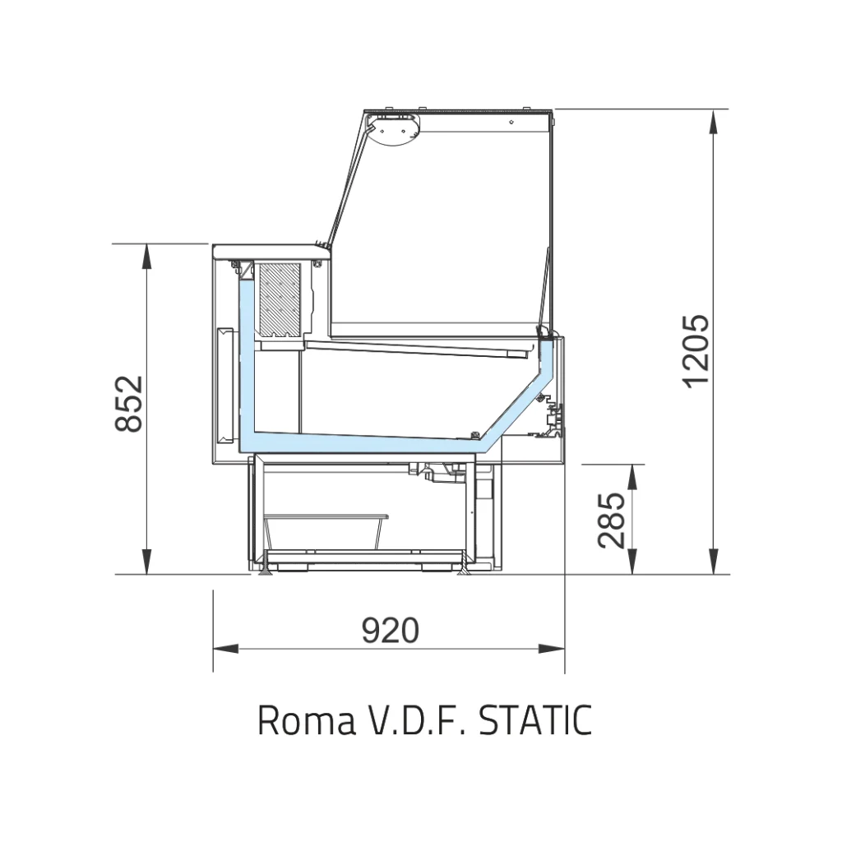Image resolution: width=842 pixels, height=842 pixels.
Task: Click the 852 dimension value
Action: click(129, 403)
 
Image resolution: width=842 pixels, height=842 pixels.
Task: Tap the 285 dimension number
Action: click(612, 520)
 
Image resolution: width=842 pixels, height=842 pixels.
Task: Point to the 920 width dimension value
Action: click(390, 630)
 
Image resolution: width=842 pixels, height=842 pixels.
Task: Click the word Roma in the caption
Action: click(307, 720)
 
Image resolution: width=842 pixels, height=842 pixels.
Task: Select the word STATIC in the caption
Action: click(534, 720)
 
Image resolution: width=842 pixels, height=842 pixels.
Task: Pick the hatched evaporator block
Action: click(280, 299)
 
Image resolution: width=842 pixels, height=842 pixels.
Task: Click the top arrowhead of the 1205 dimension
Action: click(713, 123)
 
